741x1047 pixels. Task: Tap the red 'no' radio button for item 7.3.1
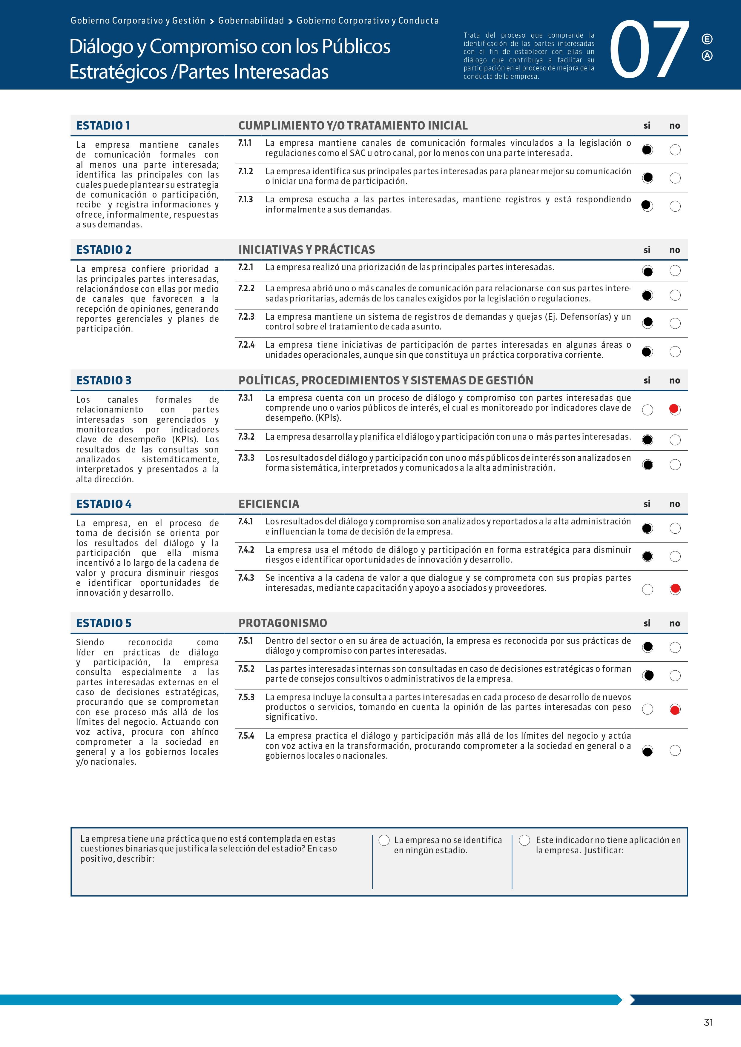tap(674, 409)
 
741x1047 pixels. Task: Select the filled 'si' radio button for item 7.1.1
tap(647, 150)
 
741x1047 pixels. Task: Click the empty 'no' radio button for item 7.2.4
tap(675, 352)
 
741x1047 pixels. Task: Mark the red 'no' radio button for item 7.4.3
tap(675, 589)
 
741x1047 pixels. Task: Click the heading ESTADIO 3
tap(104, 380)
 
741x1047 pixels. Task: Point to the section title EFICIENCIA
tap(269, 504)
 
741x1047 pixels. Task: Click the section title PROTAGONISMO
tap(283, 623)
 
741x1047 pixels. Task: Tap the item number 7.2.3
tap(246, 316)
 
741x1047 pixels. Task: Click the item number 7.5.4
tap(246, 735)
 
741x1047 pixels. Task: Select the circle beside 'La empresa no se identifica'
tap(384, 840)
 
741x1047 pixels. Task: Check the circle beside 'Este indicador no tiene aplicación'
tap(525, 840)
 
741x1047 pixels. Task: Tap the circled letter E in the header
tap(707, 39)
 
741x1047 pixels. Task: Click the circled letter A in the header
tap(707, 56)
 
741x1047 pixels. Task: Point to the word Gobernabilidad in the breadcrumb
tap(251, 21)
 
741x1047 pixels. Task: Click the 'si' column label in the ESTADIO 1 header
tap(647, 125)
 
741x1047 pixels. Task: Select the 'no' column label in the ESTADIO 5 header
tap(674, 623)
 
